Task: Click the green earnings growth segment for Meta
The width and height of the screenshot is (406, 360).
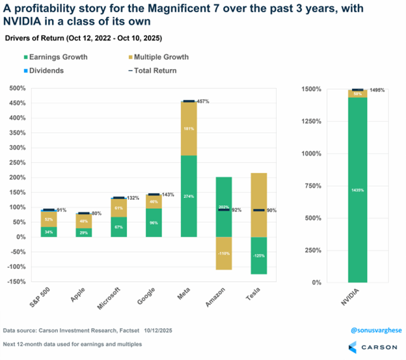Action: click(189, 196)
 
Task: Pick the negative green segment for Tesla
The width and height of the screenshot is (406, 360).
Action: click(259, 255)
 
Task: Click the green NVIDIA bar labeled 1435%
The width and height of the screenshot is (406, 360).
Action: click(357, 189)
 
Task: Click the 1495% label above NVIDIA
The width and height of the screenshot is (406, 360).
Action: click(377, 90)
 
